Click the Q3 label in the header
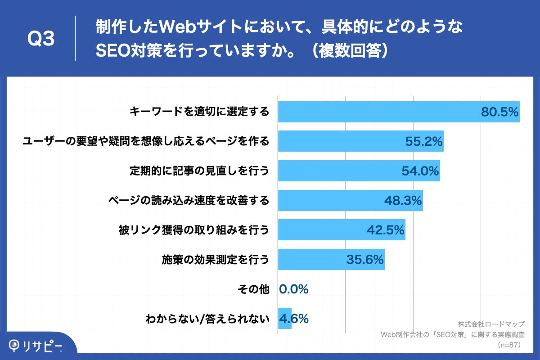pyautogui.click(x=41, y=39)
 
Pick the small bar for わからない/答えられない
pyautogui.click(x=284, y=319)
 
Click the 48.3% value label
pyautogui.click(x=402, y=200)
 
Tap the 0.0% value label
pyautogui.click(x=294, y=289)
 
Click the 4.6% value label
pyautogui.click(x=294, y=319)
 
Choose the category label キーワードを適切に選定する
pyautogui.click(x=199, y=112)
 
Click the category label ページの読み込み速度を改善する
pyautogui.click(x=189, y=200)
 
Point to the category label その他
pyautogui.click(x=253, y=289)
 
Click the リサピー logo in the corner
pyautogui.click(x=36, y=345)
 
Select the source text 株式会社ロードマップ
pyautogui.click(x=491, y=324)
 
